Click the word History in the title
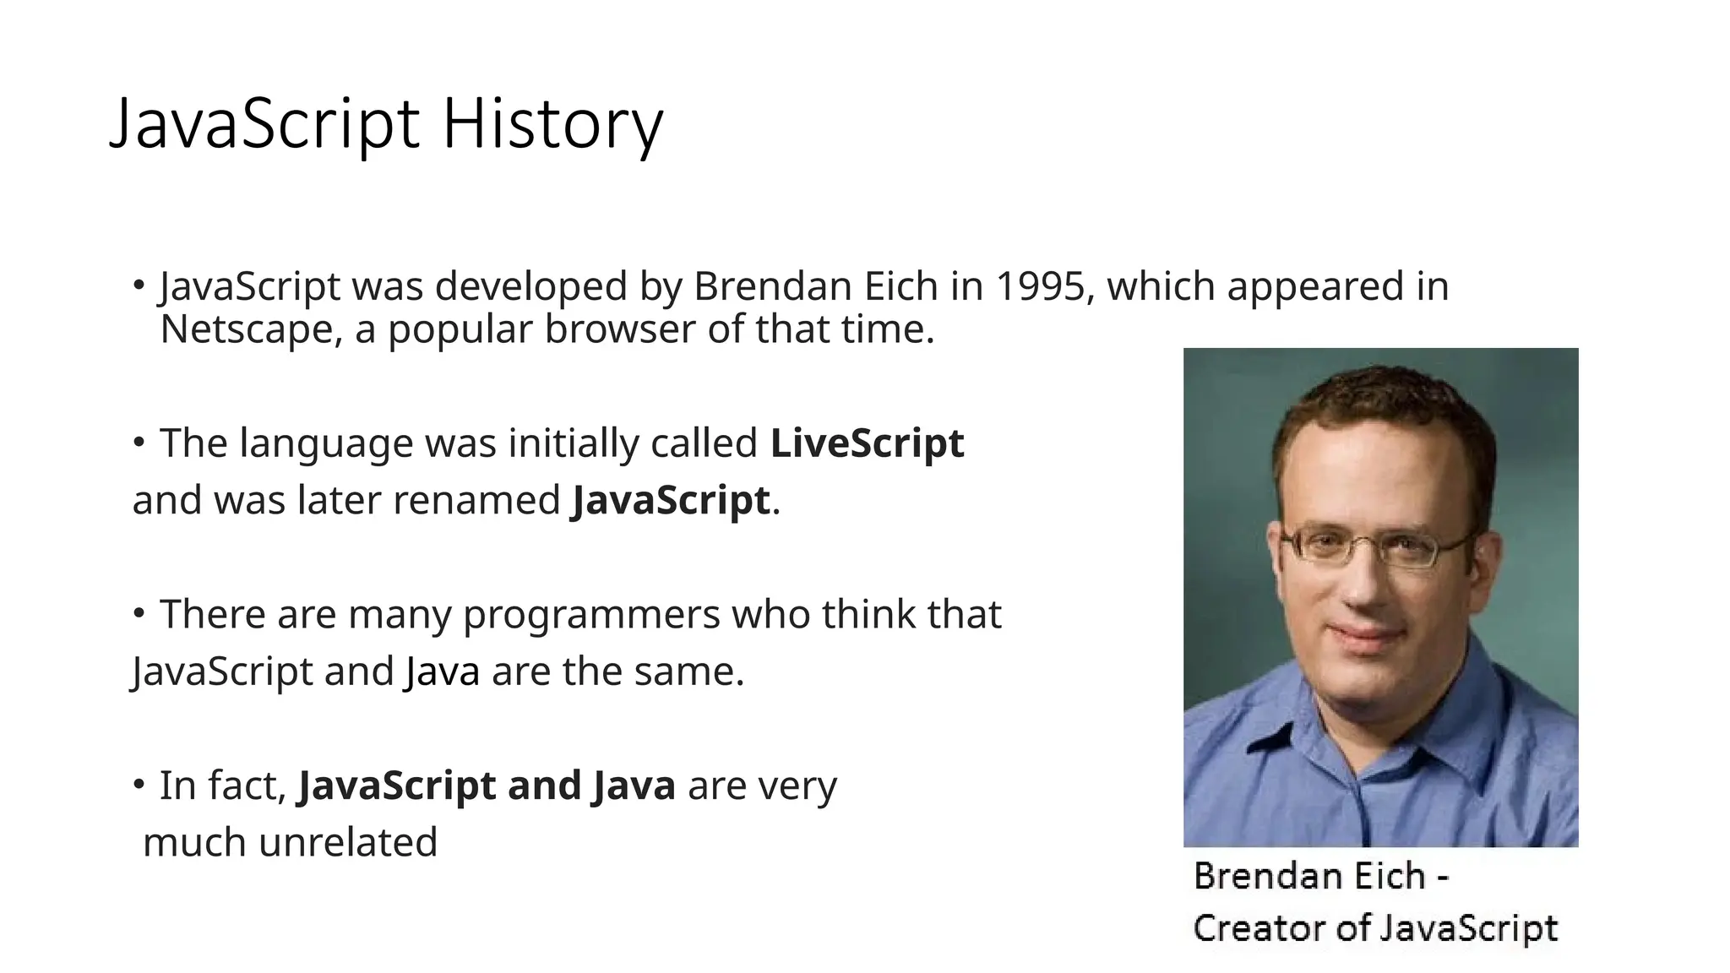click(x=552, y=124)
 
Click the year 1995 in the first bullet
click(x=1039, y=286)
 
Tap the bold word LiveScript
click(x=867, y=443)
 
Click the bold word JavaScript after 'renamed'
click(x=671, y=500)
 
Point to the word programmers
click(x=591, y=614)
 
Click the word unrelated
click(x=348, y=842)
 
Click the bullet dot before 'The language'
click(x=139, y=442)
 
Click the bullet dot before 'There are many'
click(x=139, y=612)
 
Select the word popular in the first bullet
click(x=460, y=329)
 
